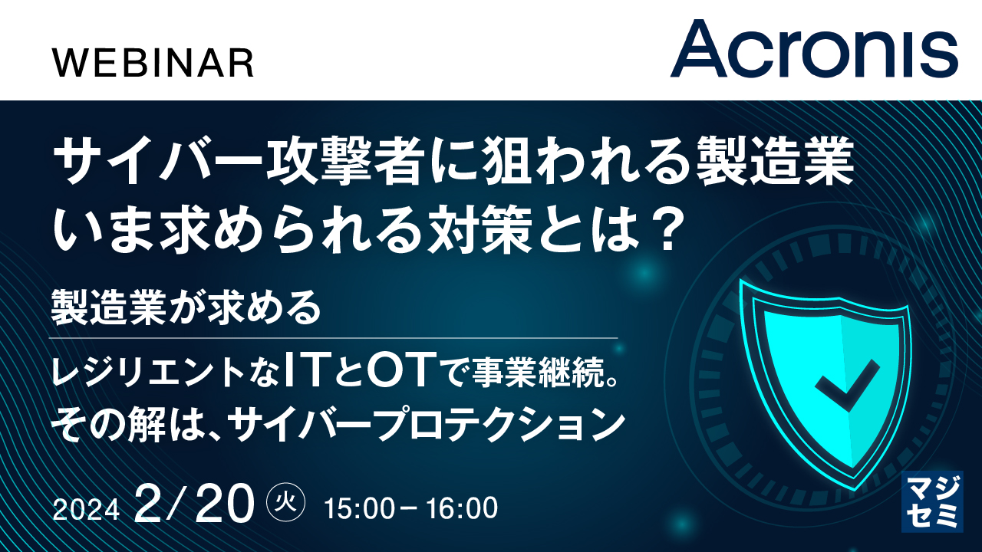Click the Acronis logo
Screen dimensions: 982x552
pos(814,49)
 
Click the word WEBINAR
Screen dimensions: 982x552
pos(153,63)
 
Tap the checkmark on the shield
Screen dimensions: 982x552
pos(848,385)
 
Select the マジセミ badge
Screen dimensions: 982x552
pos(932,501)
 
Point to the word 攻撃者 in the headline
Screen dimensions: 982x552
pos(346,161)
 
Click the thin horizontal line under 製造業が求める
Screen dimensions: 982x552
pos(334,338)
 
